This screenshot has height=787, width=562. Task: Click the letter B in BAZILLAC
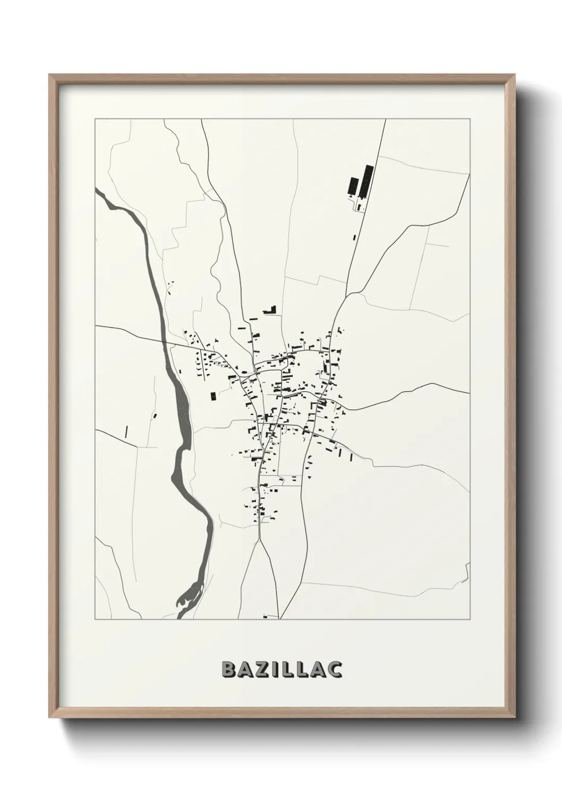tap(227, 669)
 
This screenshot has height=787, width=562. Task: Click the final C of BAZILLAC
tap(335, 669)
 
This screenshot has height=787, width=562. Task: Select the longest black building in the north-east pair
tap(367, 181)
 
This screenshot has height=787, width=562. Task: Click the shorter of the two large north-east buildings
tap(352, 187)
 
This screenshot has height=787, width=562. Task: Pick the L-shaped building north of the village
tap(272, 309)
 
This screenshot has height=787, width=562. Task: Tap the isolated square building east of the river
tap(214, 396)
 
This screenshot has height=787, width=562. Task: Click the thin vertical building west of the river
tap(126, 431)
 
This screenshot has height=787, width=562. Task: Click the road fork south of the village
tap(259, 540)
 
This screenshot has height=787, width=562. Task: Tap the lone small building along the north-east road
tap(354, 238)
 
